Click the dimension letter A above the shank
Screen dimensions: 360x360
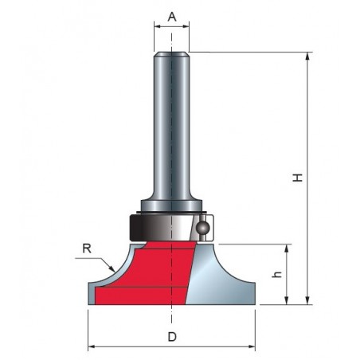172,18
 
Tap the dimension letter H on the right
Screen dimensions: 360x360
298,178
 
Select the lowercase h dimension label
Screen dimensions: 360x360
277,275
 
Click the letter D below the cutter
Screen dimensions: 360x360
172,337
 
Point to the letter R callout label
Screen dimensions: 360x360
87,248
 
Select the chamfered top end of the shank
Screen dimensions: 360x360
171,54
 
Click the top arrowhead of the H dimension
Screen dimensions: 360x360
307,57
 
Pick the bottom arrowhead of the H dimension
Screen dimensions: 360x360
307,300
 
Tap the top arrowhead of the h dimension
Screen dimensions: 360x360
286,248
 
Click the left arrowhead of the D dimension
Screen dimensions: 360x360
92,346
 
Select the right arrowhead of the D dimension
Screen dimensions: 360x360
251,346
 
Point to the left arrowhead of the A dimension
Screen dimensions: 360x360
158,26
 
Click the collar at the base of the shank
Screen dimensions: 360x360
171,205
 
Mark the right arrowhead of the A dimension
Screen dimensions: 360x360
185,26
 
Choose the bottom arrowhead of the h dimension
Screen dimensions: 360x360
286,300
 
